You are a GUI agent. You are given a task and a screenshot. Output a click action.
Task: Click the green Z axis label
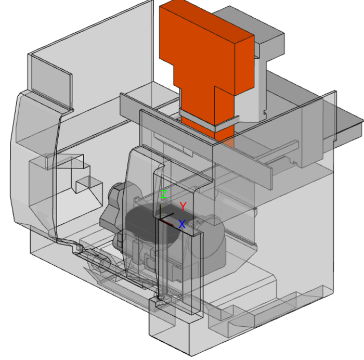click(x=163, y=195)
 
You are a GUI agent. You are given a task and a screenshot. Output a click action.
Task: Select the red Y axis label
click(x=183, y=207)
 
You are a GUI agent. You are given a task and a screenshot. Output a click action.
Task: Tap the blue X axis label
click(x=182, y=224)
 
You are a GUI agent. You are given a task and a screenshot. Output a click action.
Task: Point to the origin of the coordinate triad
click(x=161, y=218)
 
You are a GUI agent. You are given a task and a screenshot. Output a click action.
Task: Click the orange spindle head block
click(x=208, y=57)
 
